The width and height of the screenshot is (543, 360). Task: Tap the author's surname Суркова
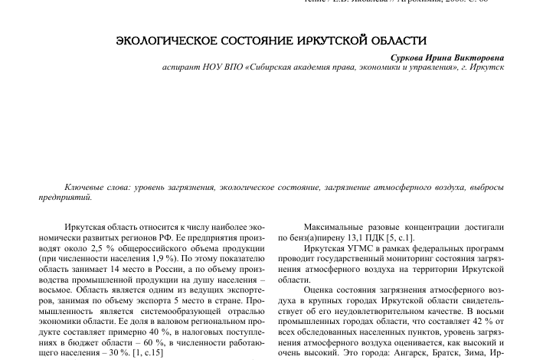412,57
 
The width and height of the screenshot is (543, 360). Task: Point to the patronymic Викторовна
479,57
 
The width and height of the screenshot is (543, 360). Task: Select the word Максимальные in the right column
337,227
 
